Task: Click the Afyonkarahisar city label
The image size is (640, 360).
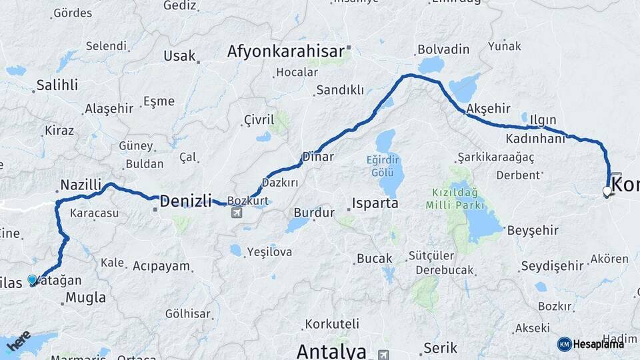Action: [x=285, y=51]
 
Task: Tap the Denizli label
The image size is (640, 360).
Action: [x=185, y=200]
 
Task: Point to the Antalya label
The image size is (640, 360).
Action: [x=331, y=351]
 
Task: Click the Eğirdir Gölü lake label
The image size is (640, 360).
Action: [x=385, y=165]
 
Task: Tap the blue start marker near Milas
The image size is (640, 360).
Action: [x=32, y=280]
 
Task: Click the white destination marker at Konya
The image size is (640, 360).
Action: [x=607, y=192]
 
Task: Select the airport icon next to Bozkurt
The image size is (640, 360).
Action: [x=236, y=213]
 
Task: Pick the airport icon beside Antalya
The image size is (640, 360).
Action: [x=383, y=354]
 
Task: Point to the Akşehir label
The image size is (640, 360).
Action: [x=489, y=108]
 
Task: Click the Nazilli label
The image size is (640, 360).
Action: [x=80, y=185]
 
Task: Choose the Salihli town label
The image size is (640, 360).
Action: [x=57, y=85]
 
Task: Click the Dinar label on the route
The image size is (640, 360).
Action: [x=317, y=157]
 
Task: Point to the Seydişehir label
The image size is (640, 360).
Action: [x=551, y=266]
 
